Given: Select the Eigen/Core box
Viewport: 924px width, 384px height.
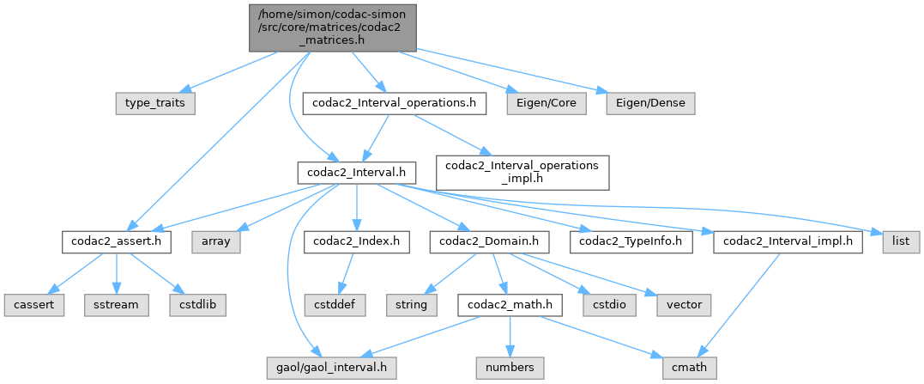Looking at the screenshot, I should (546, 103).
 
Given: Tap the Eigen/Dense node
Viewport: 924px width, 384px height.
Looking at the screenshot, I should (649, 103).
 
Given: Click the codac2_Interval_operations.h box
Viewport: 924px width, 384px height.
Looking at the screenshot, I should (396, 103).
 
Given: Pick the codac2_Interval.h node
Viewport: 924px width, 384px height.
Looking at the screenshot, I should (356, 173).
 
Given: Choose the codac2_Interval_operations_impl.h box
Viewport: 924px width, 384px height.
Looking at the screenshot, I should (522, 173).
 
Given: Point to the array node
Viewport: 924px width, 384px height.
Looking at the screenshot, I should (216, 242).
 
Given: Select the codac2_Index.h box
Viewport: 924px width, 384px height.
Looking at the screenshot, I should (353, 242).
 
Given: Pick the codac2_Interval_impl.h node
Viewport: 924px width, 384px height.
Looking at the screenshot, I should (788, 242).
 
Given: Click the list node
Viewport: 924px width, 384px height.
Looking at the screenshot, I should (900, 242).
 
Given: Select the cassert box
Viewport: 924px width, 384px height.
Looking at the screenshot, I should (33, 305).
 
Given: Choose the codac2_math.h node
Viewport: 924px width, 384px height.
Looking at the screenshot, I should (509, 305).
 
